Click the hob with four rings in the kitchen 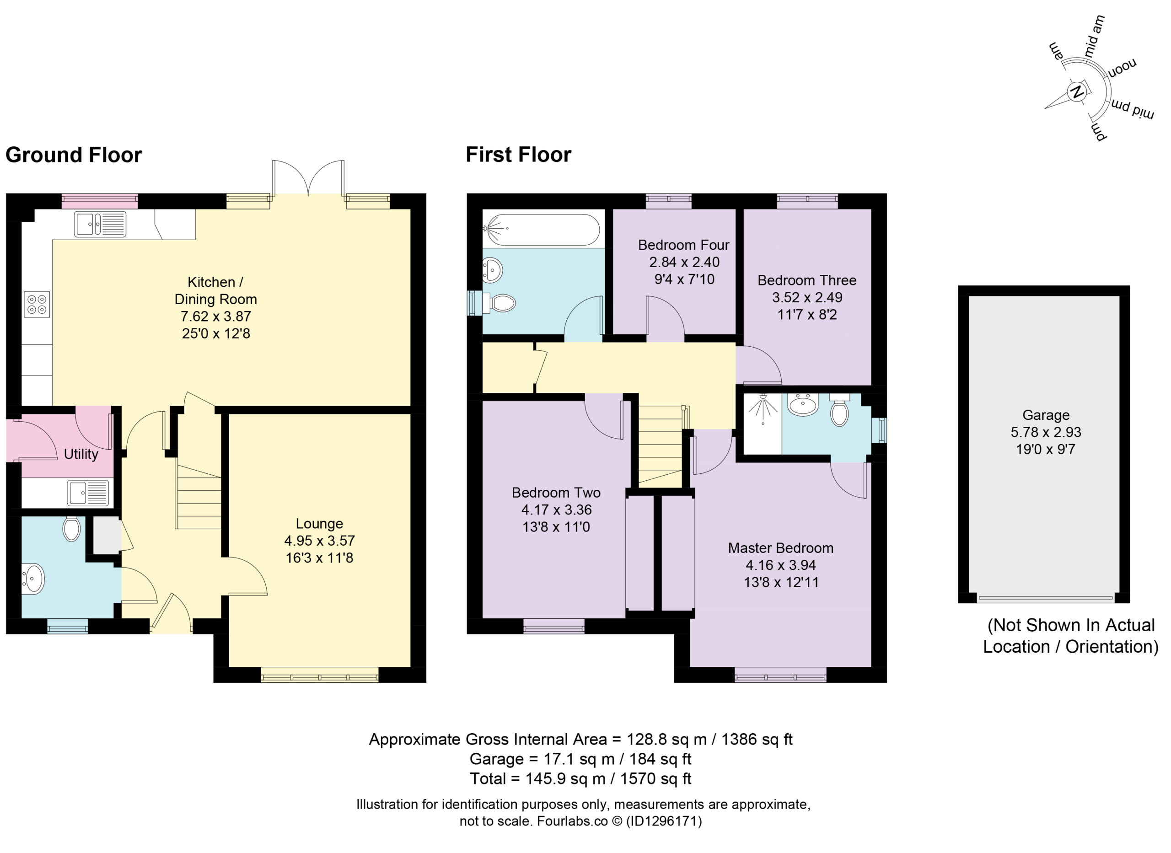pyautogui.click(x=37, y=304)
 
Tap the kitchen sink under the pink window pyautogui.click(x=100, y=224)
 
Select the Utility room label pyautogui.click(x=81, y=454)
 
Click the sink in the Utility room pyautogui.click(x=88, y=493)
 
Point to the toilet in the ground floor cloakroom pyautogui.click(x=71, y=529)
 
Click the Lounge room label pyautogui.click(x=319, y=524)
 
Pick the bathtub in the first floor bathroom pyautogui.click(x=541, y=229)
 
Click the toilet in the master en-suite pyautogui.click(x=839, y=410)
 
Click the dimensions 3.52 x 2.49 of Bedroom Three pyautogui.click(x=807, y=297)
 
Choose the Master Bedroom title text pyautogui.click(x=781, y=548)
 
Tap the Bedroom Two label pyautogui.click(x=556, y=493)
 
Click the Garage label pyautogui.click(x=1046, y=415)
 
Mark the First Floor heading pyautogui.click(x=518, y=155)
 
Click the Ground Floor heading pyautogui.click(x=73, y=155)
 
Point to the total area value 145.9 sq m pyautogui.click(x=565, y=778)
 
